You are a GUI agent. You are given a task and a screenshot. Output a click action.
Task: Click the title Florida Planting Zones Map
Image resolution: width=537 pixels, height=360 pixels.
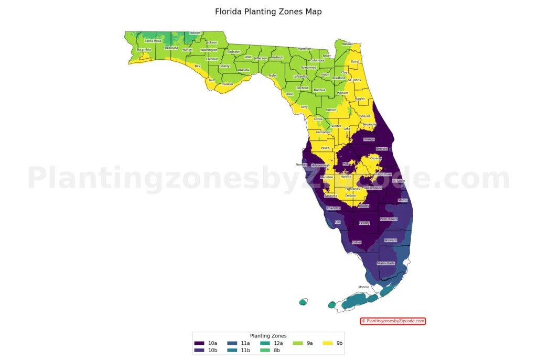click(x=268, y=12)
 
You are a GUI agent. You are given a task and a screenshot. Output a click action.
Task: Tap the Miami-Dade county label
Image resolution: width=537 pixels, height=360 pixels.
click(x=386, y=263)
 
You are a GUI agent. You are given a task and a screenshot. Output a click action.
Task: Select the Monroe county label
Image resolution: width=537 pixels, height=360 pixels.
click(x=363, y=287)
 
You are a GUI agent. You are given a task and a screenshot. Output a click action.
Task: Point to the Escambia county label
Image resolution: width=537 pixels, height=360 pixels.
click(x=144, y=50)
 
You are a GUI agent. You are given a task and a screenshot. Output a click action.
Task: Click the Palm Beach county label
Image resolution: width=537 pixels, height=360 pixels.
click(x=389, y=219)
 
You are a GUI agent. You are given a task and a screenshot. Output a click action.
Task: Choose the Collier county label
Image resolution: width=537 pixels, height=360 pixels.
click(x=357, y=243)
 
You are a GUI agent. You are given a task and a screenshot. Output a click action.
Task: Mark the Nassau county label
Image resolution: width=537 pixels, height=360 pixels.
click(x=348, y=44)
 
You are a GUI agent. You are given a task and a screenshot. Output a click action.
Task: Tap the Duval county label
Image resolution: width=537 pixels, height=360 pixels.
click(x=355, y=61)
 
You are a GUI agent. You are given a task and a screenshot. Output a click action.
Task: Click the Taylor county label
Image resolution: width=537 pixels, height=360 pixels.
click(x=273, y=75)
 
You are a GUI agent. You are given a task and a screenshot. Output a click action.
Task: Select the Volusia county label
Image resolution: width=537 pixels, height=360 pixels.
click(x=366, y=116)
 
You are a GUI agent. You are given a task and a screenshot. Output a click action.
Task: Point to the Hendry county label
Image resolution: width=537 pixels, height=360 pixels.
click(x=364, y=223)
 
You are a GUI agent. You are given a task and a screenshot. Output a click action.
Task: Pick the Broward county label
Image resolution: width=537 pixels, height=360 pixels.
click(x=390, y=241)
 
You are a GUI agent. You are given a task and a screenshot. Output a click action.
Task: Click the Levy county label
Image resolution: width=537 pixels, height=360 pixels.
click(x=304, y=106)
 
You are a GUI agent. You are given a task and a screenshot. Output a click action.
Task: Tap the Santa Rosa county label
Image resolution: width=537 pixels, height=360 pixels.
click(x=153, y=40)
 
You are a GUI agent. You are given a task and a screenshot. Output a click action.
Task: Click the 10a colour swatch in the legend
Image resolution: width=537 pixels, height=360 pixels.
click(x=199, y=343)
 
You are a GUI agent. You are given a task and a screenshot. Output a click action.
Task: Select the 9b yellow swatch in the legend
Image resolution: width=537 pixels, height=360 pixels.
click(x=328, y=343)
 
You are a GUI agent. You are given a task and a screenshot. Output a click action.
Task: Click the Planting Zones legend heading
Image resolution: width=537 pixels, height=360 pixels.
click(x=268, y=336)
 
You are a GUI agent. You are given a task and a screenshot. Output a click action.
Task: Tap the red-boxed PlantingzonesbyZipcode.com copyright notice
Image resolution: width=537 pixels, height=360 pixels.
click(x=393, y=321)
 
